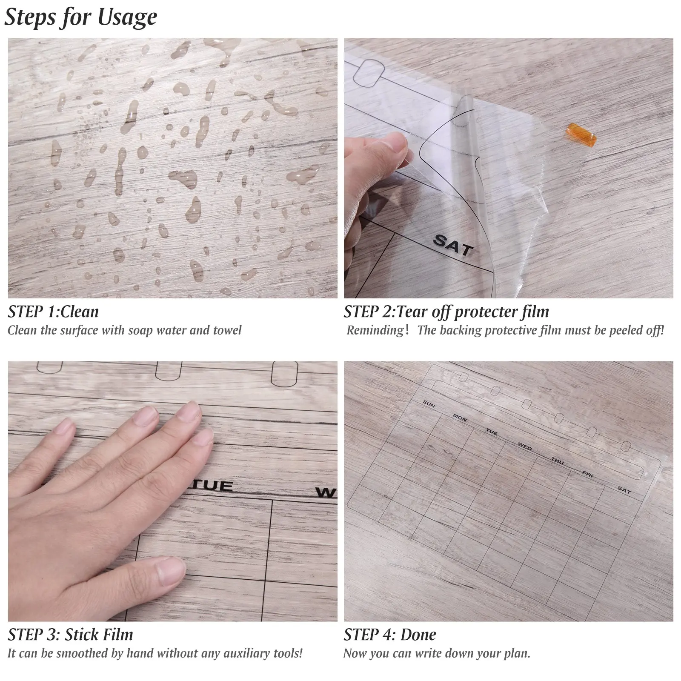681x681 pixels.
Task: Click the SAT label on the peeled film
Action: tap(453, 245)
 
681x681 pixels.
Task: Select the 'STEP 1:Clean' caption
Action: tap(53, 312)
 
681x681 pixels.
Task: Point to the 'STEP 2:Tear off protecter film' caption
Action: tap(446, 312)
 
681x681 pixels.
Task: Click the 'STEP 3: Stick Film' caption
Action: tap(70, 635)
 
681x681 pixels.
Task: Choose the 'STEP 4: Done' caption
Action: tap(390, 635)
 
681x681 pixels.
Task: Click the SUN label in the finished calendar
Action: tap(429, 404)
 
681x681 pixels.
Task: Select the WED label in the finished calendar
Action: tap(525, 446)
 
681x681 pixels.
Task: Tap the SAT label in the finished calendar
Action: tap(624, 490)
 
